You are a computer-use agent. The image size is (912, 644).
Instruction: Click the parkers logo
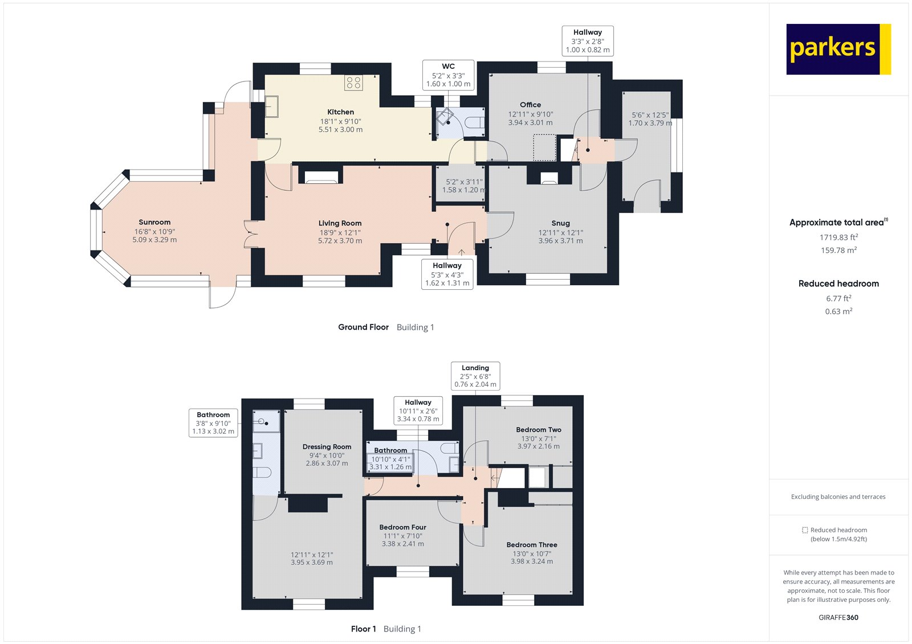[x=838, y=49]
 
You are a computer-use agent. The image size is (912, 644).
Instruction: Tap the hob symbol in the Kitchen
[x=353, y=83]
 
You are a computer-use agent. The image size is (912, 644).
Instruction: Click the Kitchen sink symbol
[x=272, y=106]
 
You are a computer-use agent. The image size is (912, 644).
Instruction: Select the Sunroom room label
[x=154, y=222]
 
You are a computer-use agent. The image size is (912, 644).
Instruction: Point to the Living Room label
[x=340, y=223]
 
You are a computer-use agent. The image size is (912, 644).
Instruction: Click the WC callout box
[x=448, y=75]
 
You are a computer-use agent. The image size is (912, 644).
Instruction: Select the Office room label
[x=530, y=105]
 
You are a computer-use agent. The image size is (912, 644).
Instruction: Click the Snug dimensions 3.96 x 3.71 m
[x=560, y=241]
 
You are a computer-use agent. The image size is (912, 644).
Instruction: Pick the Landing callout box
[x=475, y=376]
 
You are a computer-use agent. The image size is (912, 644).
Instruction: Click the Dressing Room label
[x=327, y=447]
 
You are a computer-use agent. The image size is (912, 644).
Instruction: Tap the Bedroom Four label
[x=402, y=527]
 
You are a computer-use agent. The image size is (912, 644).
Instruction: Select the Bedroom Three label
[x=532, y=545]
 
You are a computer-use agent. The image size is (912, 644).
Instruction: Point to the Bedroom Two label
[x=539, y=430]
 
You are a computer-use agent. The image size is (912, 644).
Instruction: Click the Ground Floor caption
[x=363, y=327]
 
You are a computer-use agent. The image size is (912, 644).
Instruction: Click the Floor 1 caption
[x=363, y=629]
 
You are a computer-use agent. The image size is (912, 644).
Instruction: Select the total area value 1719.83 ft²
[x=838, y=237]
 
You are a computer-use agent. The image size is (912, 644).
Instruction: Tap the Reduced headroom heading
[x=838, y=284]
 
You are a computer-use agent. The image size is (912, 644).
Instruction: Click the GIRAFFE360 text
[x=838, y=617]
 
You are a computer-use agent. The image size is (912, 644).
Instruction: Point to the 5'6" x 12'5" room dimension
[x=650, y=115]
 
